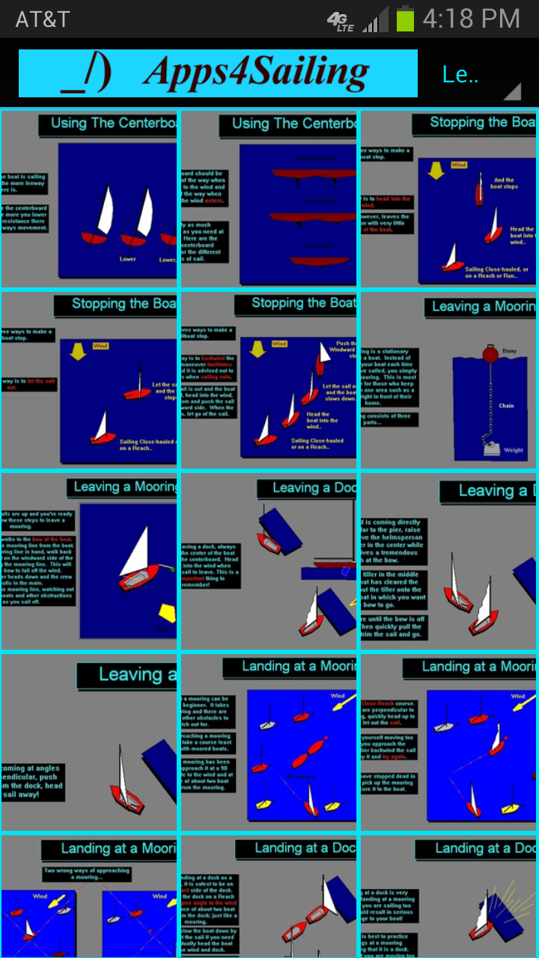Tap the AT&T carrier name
(x=43, y=19)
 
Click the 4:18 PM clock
(x=471, y=19)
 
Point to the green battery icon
(x=404, y=19)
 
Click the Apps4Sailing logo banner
(x=218, y=73)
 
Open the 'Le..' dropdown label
(x=460, y=75)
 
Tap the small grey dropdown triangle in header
(x=512, y=91)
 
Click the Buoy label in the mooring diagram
(x=509, y=350)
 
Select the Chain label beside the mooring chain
(x=506, y=406)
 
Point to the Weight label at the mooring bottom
(x=513, y=451)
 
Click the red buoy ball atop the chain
(x=491, y=353)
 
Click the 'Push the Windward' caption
(x=341, y=347)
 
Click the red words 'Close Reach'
(x=379, y=704)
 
